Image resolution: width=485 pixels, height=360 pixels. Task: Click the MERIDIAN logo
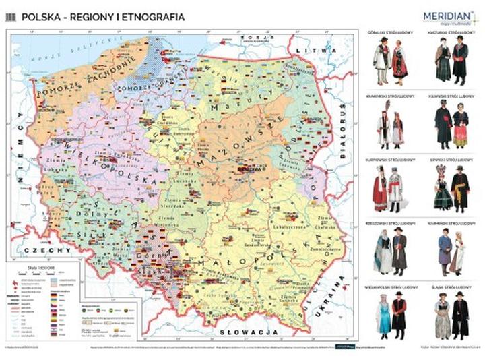447,16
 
